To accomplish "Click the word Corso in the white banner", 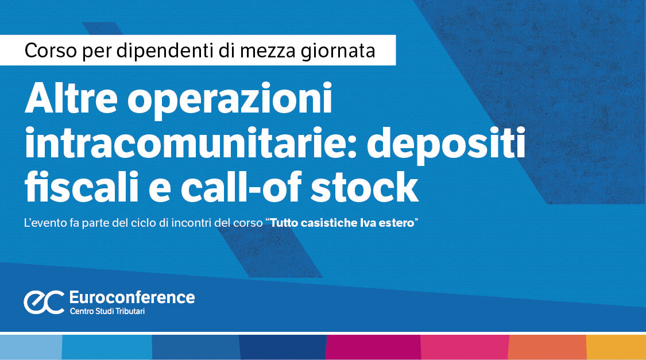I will click(46, 51).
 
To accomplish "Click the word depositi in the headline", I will click(446, 145).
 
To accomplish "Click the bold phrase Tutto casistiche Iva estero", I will click(342, 223).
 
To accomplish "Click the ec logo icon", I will click(44, 302).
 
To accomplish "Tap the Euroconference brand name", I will click(131, 297).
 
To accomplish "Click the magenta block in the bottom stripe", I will click(373, 347).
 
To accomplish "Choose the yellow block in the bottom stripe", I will click(616, 347).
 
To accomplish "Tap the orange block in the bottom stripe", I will click(547, 347).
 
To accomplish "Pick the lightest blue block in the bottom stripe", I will click(30, 347).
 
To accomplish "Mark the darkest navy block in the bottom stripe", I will click(283, 347).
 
